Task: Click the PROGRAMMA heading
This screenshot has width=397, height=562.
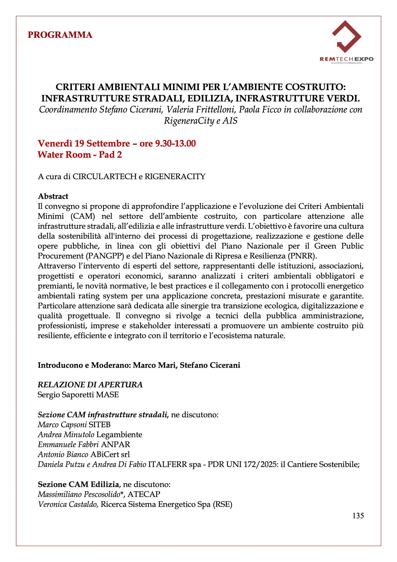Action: coord(60,35)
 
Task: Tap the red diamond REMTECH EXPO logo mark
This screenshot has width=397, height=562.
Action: coord(346,37)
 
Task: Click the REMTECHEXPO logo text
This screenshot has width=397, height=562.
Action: coord(346,59)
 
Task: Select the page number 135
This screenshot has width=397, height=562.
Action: coord(358,516)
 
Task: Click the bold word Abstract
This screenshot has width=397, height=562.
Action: coord(53,196)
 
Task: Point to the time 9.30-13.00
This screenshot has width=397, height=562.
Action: coord(175,143)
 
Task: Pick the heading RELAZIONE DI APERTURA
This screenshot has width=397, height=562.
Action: coord(90,385)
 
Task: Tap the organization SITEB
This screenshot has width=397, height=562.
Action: coord(100,425)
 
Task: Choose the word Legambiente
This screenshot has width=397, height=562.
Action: coord(120,434)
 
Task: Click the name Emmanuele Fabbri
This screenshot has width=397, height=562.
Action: coord(68,444)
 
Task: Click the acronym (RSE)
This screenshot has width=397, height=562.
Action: coord(222,504)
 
